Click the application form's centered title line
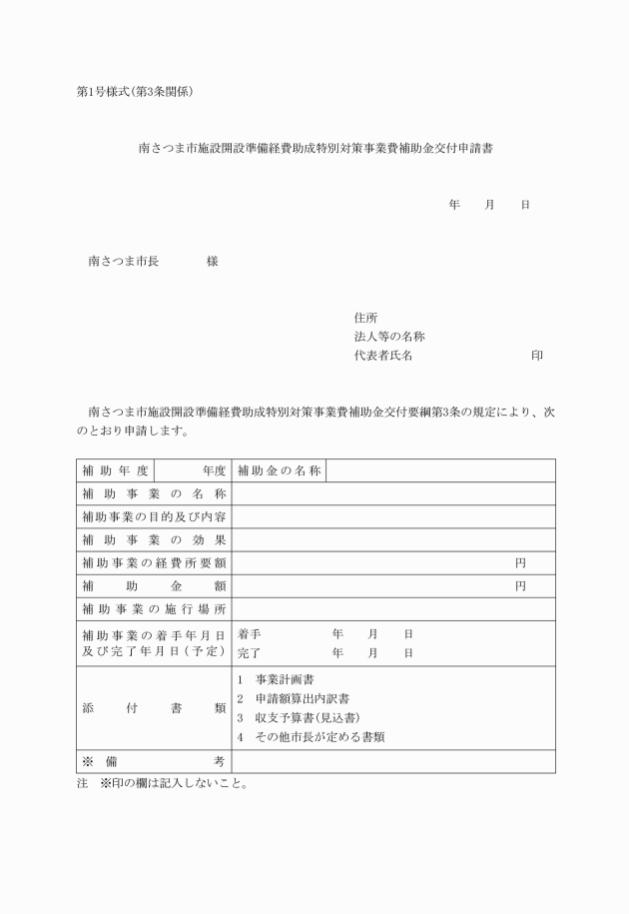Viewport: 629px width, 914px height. pos(314,148)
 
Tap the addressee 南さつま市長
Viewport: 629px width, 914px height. pos(124,261)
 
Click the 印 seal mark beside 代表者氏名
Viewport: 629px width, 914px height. pos(537,355)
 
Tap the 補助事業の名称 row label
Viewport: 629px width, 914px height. pos(154,493)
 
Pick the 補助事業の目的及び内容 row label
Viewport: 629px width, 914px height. pos(154,516)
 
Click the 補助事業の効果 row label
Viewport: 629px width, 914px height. pos(154,539)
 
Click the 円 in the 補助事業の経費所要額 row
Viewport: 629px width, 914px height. pos(520,562)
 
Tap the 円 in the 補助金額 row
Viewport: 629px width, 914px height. pos(520,585)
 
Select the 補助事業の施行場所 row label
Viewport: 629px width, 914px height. pos(154,608)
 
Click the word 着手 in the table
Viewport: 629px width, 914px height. pos(249,633)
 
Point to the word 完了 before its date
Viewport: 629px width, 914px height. pos(249,653)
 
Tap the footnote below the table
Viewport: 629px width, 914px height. pos(160,783)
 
